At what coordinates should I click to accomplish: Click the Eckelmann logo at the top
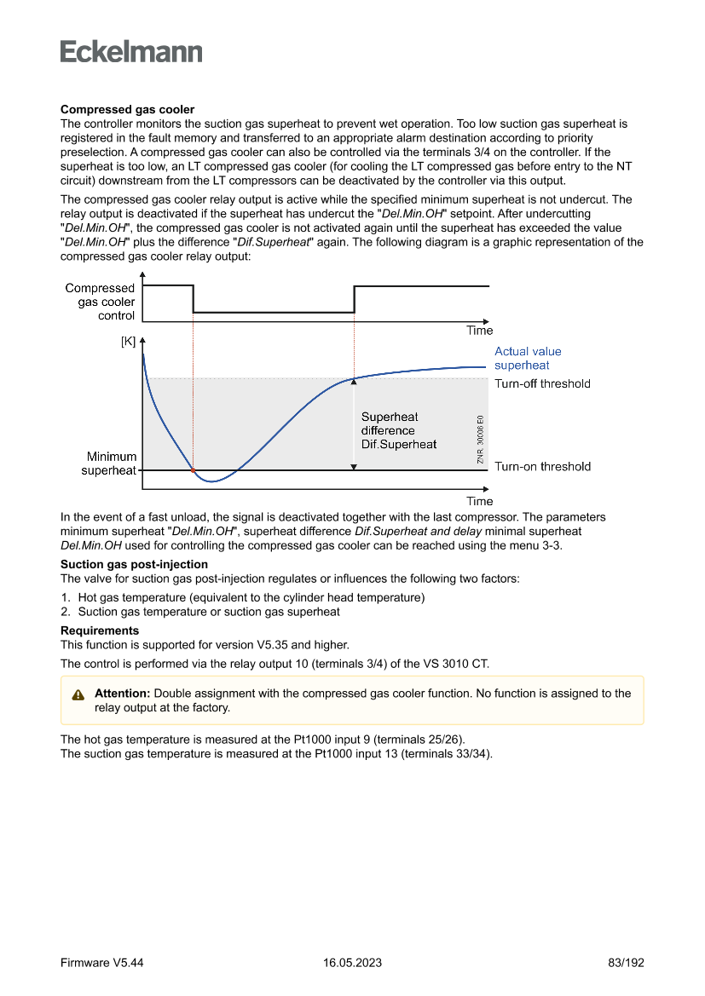(x=131, y=52)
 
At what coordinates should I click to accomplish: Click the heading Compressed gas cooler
(x=127, y=110)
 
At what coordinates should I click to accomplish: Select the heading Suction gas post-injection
(x=134, y=565)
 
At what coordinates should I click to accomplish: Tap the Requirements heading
(x=100, y=630)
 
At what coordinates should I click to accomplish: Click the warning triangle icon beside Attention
(x=78, y=694)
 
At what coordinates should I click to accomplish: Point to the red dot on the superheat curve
(x=194, y=470)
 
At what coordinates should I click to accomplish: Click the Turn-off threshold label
(x=542, y=383)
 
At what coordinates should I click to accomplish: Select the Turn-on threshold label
(x=542, y=467)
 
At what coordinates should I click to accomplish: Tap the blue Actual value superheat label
(x=528, y=358)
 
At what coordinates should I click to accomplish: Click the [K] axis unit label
(x=128, y=342)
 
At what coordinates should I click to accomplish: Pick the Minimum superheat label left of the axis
(x=111, y=463)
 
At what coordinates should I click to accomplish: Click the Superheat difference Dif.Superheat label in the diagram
(x=398, y=430)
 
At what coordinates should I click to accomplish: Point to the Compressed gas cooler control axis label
(x=100, y=302)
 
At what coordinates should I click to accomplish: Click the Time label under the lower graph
(x=479, y=501)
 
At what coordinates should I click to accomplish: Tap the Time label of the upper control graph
(x=479, y=331)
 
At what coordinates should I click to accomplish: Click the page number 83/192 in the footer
(x=627, y=963)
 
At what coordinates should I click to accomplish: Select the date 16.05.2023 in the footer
(x=352, y=963)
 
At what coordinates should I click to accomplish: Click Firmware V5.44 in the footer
(x=101, y=963)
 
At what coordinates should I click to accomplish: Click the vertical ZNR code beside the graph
(x=481, y=440)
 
